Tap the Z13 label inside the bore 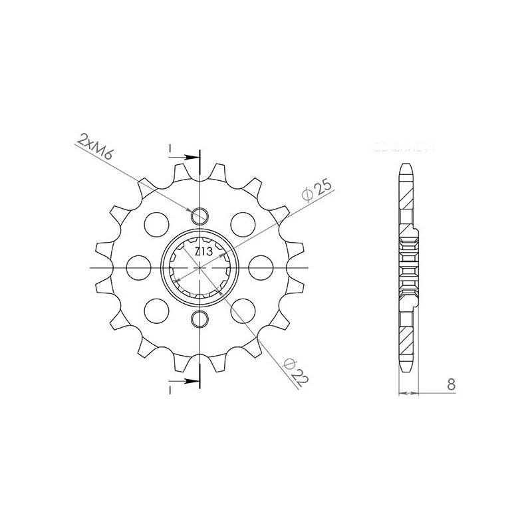(203, 252)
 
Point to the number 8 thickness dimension (452, 384)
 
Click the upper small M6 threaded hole (199, 215)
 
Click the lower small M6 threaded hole (199, 320)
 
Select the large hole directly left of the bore (138, 268)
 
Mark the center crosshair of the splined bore (199, 268)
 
